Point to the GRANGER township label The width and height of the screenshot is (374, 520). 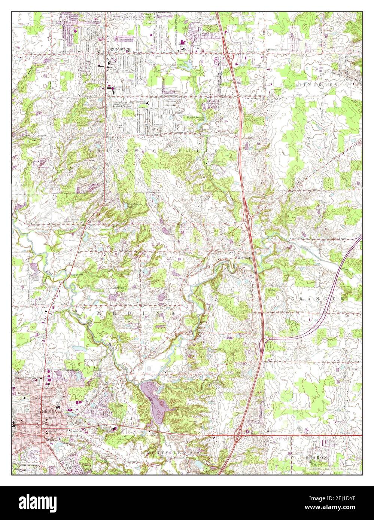point(317,299)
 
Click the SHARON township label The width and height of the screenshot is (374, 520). point(316,457)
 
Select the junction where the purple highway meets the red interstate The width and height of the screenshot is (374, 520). point(264,339)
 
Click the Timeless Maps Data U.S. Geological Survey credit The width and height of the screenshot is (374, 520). point(331,469)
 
